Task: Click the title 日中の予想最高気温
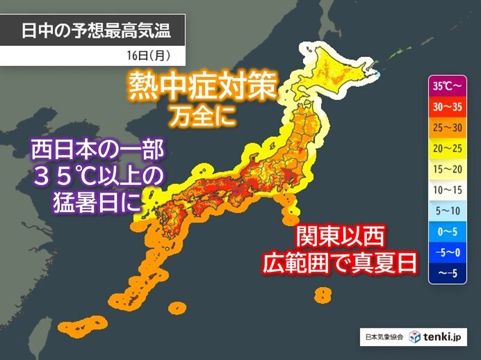[94, 31]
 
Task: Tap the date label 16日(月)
[146, 52]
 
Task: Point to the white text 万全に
[201, 115]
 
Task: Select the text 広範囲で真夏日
[341, 263]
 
